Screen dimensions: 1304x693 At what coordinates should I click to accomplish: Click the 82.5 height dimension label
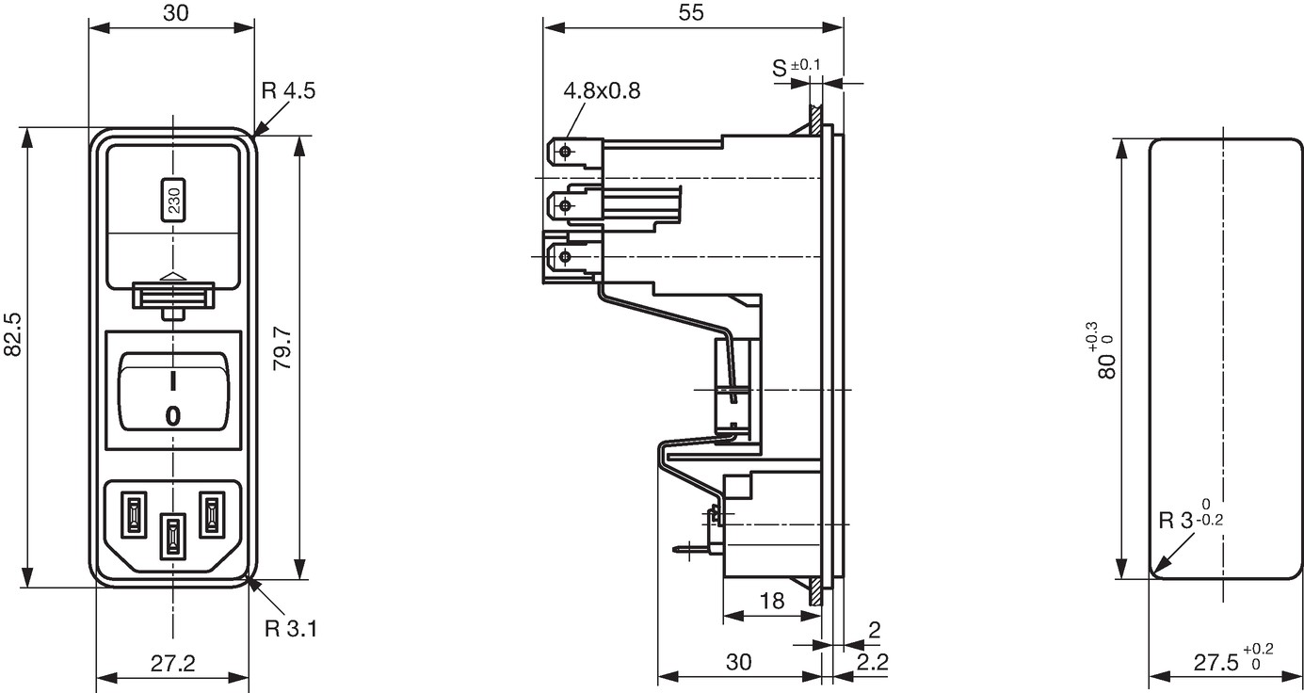coord(12,334)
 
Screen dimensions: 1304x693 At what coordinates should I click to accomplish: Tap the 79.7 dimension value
coord(282,347)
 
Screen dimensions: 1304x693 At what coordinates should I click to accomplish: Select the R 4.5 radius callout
coord(288,90)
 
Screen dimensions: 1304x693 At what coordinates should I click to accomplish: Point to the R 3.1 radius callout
coord(291,629)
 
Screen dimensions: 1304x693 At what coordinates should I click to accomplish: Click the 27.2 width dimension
coord(173,663)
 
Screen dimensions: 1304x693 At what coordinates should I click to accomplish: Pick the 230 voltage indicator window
coord(173,200)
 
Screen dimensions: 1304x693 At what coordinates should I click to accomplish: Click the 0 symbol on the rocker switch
coord(173,416)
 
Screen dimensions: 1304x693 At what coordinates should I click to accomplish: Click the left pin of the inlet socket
coord(134,515)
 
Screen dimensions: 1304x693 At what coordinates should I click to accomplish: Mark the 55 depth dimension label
coord(691,12)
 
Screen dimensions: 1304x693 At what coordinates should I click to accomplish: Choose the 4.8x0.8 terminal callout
coord(602,90)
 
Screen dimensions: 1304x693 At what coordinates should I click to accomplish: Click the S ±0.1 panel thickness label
coord(796,68)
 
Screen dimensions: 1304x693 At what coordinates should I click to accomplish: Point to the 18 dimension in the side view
coord(772,601)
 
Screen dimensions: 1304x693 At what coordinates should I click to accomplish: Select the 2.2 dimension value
coord(872,662)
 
